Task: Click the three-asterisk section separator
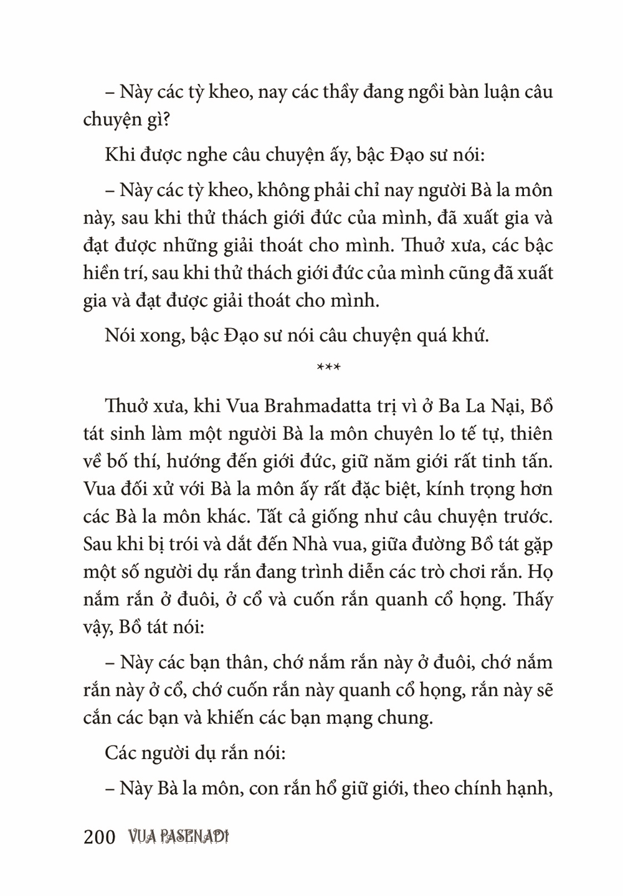(x=328, y=368)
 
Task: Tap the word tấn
(x=535, y=462)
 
